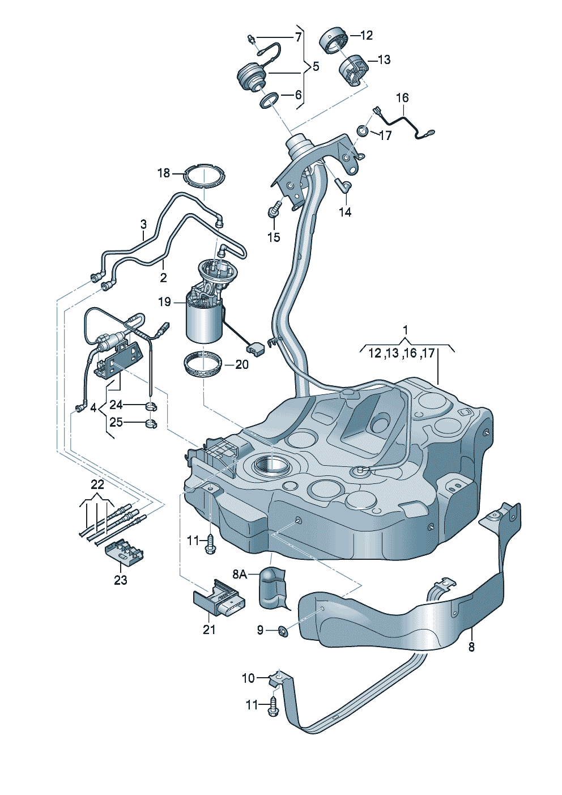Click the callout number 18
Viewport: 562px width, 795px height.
(164, 174)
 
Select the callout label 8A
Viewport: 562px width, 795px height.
(240, 575)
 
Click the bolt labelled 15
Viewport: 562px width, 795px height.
(274, 210)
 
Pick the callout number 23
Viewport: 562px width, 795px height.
(120, 580)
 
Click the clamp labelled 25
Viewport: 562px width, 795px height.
(151, 423)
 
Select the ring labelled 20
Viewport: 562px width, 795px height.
(203, 365)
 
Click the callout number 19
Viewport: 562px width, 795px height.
(165, 302)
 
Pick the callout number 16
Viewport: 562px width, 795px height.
(402, 97)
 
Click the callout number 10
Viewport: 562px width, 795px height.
(248, 678)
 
